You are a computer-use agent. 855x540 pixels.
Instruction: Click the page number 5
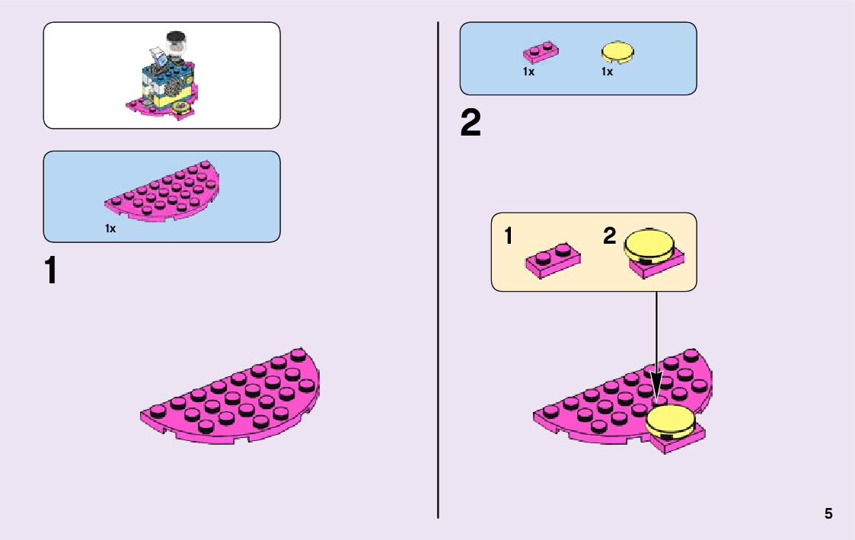[x=828, y=514]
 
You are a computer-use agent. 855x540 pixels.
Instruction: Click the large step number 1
[x=50, y=271]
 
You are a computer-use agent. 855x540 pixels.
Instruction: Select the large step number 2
[x=471, y=124]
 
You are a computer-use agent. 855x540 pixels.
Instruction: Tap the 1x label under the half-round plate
[x=110, y=228]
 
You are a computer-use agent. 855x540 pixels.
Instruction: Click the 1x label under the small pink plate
[x=528, y=72]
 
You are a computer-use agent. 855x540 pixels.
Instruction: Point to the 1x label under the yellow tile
[x=607, y=72]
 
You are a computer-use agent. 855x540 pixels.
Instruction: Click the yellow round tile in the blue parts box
[x=617, y=53]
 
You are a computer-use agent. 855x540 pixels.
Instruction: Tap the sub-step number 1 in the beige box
[x=508, y=237]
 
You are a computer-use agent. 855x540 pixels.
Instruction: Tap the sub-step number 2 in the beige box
[x=610, y=237]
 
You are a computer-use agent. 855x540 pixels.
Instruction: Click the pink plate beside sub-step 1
[x=553, y=260]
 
